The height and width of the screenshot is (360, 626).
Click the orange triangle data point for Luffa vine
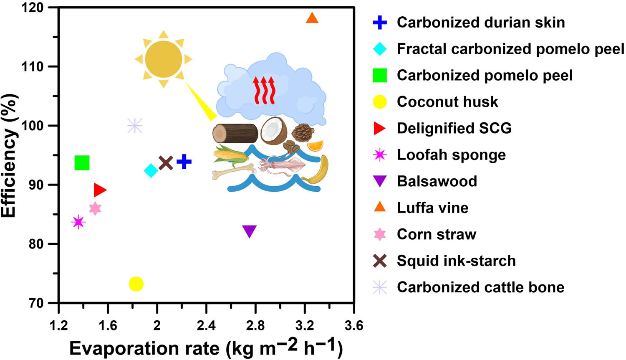[312, 18]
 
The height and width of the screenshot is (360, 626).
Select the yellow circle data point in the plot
[136, 284]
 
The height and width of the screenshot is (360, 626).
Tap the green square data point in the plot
[82, 163]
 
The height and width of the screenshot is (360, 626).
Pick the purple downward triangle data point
[249, 231]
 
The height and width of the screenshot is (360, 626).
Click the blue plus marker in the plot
[184, 162]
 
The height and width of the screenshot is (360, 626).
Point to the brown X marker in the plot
[166, 163]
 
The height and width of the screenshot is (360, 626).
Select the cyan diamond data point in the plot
[151, 170]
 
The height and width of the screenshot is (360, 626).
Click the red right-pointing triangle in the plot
[100, 190]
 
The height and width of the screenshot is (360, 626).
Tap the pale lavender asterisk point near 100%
[134, 125]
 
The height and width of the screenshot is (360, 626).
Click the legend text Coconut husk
[447, 102]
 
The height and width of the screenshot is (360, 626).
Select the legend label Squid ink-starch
[456, 261]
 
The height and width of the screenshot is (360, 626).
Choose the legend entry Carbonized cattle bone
[480, 287]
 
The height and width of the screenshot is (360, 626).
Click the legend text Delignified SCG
[454, 128]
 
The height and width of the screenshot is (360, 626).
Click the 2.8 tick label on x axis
[255, 325]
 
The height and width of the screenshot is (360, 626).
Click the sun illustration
[164, 59]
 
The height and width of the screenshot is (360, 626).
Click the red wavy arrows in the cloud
[264, 90]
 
